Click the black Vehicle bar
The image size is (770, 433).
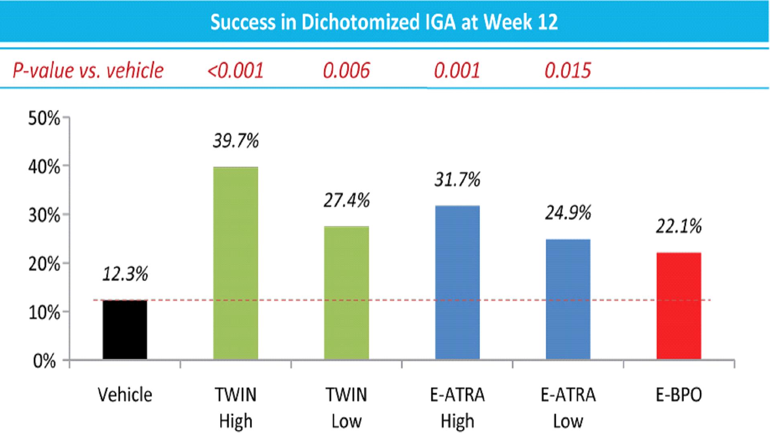coord(125,329)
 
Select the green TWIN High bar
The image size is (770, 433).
coord(236,263)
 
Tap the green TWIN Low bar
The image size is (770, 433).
coord(346,293)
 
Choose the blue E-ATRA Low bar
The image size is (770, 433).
coord(568,299)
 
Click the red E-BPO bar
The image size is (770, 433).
coord(679,306)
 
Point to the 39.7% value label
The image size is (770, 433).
coord(236,141)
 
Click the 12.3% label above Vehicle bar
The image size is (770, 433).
coord(125,274)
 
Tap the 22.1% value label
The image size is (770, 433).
coord(679,226)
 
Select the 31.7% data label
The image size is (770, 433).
coord(457,179)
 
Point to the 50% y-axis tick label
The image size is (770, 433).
coord(44,118)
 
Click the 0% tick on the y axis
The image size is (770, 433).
coord(44,361)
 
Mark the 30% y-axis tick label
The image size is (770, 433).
coord(44,216)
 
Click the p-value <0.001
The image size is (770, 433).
coord(235,71)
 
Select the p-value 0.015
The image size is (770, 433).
coord(568,71)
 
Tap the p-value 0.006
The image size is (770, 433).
coord(346,71)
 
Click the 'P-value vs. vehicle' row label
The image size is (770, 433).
coord(88,71)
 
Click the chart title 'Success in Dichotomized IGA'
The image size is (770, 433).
coord(384,22)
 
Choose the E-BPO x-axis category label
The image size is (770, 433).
coord(679,395)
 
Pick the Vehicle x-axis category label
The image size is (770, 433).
coord(125,395)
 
